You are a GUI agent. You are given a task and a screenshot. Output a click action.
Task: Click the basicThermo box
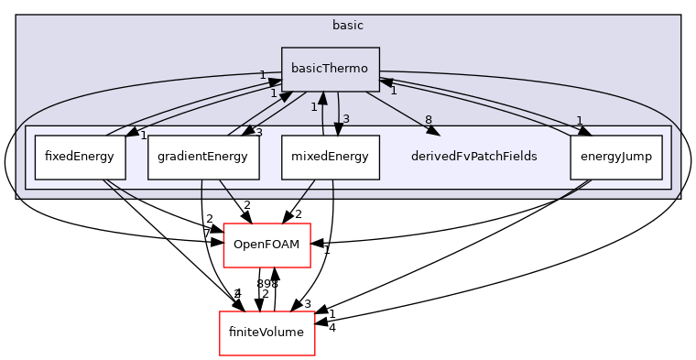[x=330, y=69]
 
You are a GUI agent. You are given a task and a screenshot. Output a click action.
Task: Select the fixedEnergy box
[x=80, y=157]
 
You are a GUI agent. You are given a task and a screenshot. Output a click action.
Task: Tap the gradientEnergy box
[x=202, y=157]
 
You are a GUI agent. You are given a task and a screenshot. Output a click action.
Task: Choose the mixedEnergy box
[x=330, y=157]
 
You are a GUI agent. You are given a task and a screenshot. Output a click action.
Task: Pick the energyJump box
[x=615, y=157]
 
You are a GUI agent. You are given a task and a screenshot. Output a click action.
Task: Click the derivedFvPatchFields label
[x=473, y=157]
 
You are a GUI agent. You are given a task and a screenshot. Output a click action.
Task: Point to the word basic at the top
[x=347, y=25]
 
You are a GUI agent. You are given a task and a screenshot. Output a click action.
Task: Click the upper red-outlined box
[x=266, y=245]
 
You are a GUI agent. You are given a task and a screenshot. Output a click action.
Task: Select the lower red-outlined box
[x=266, y=333]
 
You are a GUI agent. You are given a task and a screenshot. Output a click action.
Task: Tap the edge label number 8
[x=428, y=120]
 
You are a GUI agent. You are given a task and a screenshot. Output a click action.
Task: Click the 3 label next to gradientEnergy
[x=258, y=133]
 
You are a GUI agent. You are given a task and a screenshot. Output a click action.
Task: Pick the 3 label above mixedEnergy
[x=346, y=118]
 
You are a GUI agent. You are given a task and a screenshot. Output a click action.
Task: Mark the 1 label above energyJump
[x=579, y=120]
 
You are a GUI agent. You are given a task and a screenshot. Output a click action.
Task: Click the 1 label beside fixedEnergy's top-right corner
[x=144, y=135]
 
